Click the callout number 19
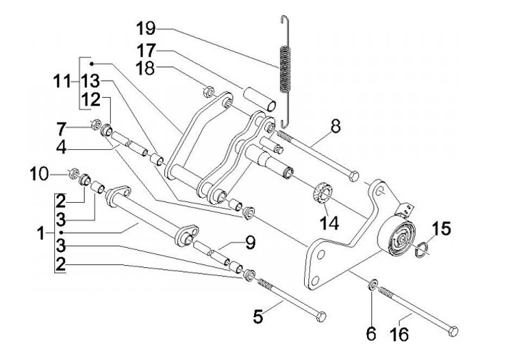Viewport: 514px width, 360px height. [146, 29]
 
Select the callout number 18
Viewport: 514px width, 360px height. [146, 69]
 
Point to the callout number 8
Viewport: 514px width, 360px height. [335, 127]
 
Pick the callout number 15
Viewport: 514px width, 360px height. [442, 230]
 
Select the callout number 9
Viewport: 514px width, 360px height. [250, 243]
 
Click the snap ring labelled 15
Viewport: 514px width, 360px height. [423, 248]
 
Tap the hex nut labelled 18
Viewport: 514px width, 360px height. [209, 91]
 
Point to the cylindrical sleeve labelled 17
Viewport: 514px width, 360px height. [261, 98]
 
